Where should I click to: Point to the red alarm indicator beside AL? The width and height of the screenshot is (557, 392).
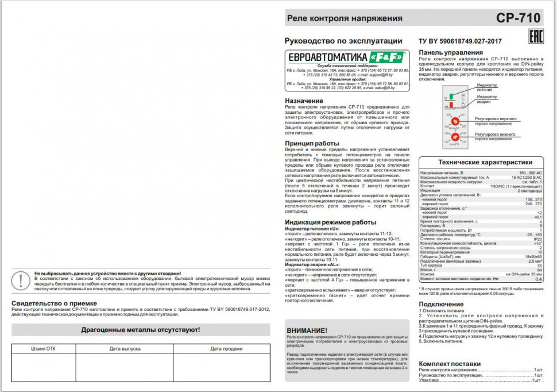click(452, 105)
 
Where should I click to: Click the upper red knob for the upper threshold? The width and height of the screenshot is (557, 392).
click(454, 120)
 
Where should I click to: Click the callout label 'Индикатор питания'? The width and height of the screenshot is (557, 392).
click(488, 87)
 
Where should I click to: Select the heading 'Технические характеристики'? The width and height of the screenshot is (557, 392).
click(481, 163)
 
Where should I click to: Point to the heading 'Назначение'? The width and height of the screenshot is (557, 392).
click(304, 101)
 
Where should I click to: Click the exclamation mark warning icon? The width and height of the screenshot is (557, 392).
click(21, 280)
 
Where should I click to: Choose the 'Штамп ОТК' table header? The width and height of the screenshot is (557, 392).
click(43, 348)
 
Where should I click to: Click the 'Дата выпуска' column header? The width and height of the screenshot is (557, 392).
click(125, 348)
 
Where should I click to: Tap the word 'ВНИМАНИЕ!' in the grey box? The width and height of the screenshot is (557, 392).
click(307, 330)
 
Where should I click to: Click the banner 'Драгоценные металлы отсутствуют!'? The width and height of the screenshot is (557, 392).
click(141, 330)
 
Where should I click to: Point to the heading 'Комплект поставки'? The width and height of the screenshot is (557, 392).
click(450, 364)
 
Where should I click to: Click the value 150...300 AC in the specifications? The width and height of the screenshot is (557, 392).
click(530, 173)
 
